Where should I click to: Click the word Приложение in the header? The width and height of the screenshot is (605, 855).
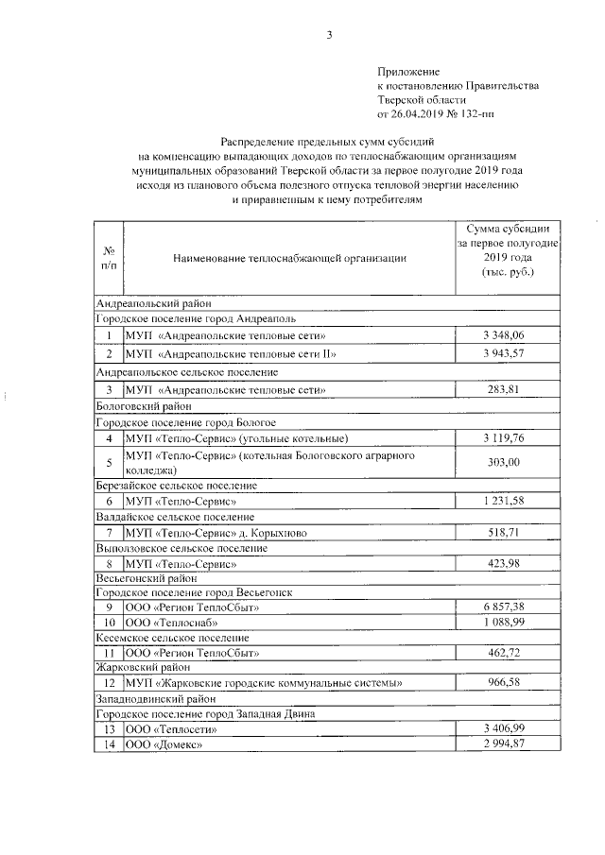(x=408, y=71)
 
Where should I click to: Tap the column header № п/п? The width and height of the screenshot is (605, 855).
(x=109, y=257)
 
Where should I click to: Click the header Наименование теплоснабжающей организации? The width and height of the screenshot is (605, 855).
(x=290, y=257)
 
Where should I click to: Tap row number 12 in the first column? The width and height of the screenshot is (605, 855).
(x=109, y=682)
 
